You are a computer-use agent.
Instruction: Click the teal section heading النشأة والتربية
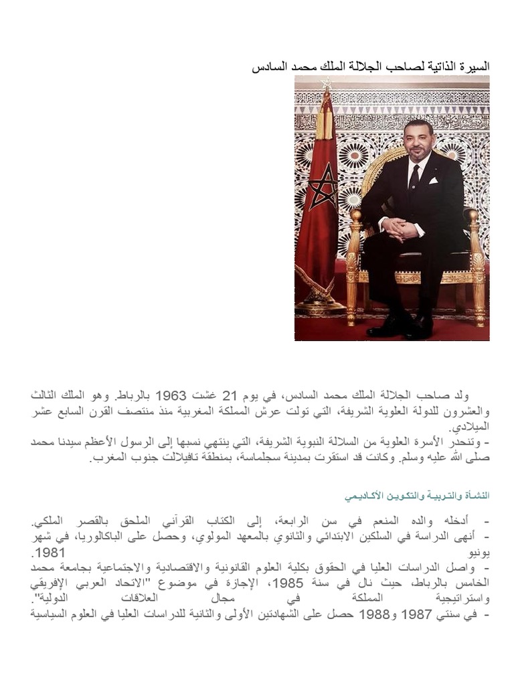point(417,496)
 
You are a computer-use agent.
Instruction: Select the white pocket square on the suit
point(434,180)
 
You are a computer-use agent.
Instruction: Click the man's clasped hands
point(401,229)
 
